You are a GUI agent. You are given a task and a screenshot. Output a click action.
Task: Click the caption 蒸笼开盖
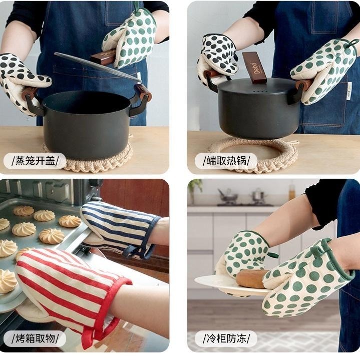pyautogui.click(x=35, y=160)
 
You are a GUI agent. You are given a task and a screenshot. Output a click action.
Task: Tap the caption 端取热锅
pyautogui.click(x=226, y=160)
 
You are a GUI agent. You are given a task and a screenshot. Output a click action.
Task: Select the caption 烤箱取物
pyautogui.click(x=35, y=338)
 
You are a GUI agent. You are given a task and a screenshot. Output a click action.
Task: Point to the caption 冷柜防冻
pyautogui.click(x=226, y=338)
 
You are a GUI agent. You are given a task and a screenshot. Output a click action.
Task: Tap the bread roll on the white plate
pyautogui.click(x=250, y=278)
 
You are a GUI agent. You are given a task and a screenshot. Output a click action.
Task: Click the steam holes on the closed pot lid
pyautogui.click(x=260, y=91)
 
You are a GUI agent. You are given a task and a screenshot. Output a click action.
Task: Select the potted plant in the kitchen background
pyautogui.click(x=195, y=189)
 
